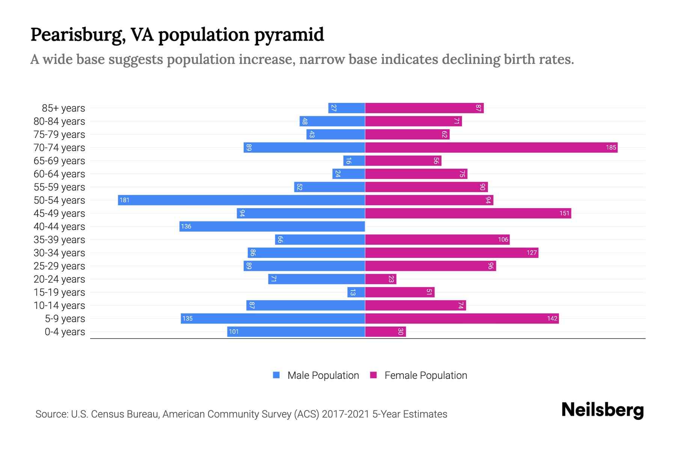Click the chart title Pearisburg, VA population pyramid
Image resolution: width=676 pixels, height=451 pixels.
(x=177, y=35)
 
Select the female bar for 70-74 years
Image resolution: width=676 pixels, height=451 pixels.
(x=491, y=147)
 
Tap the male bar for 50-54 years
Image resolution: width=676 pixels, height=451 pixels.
(x=241, y=200)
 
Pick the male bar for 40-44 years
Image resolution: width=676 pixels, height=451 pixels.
(x=272, y=226)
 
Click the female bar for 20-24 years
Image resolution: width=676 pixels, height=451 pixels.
(x=380, y=279)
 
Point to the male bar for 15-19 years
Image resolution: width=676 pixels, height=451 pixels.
(x=356, y=292)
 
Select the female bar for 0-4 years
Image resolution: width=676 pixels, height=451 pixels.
(x=385, y=331)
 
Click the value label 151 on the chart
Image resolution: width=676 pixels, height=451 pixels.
(x=564, y=213)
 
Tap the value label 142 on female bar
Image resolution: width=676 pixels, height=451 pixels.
(x=552, y=318)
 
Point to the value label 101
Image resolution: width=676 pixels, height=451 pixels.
(x=234, y=331)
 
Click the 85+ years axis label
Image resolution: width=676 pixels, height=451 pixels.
(x=63, y=108)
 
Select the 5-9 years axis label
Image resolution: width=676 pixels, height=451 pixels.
(x=65, y=319)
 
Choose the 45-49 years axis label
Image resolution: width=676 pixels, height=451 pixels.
(x=59, y=213)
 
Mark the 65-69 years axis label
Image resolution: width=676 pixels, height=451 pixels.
(x=59, y=161)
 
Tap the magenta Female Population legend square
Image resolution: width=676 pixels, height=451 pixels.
(x=373, y=375)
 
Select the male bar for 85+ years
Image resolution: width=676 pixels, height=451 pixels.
(x=346, y=108)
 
